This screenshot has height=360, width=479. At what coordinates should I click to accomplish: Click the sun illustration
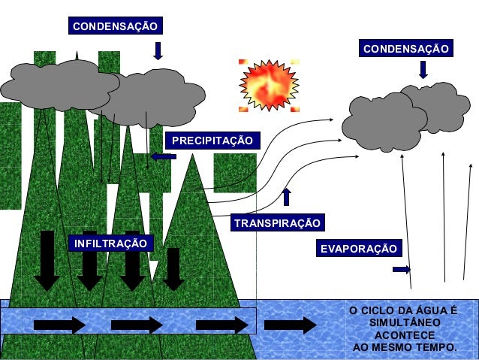pos(269,85)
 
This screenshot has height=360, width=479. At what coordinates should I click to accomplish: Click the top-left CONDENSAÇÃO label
pos(115,26)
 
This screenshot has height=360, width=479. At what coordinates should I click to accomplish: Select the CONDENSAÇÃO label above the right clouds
pos(406,49)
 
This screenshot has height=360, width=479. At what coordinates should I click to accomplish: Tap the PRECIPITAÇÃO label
pos(212,141)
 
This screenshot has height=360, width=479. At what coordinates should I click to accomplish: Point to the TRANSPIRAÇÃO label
pos(277,223)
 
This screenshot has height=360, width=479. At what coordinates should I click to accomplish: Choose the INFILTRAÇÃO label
pos(110,244)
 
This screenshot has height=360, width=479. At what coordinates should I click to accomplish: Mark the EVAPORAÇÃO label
pos(357,249)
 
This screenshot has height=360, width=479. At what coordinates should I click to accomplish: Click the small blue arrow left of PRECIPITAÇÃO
pos(163,156)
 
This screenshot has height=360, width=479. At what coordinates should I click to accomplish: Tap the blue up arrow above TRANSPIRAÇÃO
pos(286,197)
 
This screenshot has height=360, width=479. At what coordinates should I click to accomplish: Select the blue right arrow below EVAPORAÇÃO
pos(401,269)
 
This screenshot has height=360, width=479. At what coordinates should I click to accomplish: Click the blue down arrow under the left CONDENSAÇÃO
pos(158,50)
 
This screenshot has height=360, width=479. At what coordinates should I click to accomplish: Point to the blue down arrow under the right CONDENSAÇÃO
pos(423,70)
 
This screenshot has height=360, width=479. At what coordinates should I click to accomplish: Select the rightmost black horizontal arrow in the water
pos(291,325)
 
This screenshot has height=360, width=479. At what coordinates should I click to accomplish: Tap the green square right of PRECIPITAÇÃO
pos(235,172)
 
